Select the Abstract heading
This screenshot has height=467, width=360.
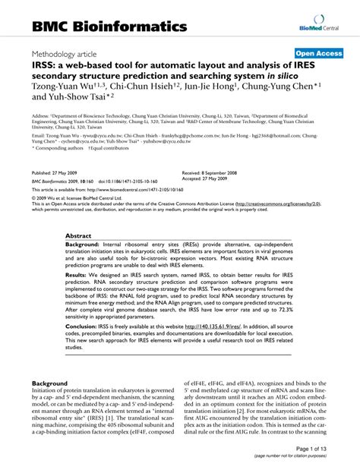coord(78,215)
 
